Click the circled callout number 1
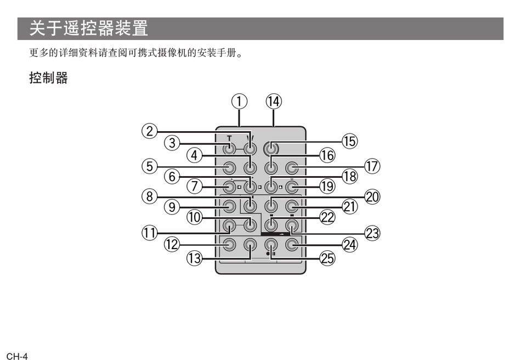click(x=239, y=102)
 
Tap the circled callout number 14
click(x=273, y=102)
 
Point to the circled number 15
click(x=349, y=141)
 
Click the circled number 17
click(x=372, y=166)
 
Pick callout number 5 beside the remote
click(x=149, y=166)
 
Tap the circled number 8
click(x=149, y=196)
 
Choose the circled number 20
click(x=372, y=196)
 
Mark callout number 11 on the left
click(x=149, y=233)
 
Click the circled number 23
click(x=372, y=233)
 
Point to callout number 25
click(x=327, y=258)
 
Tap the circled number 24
click(x=349, y=245)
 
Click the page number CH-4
click(x=17, y=355)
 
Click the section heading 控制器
click(x=48, y=78)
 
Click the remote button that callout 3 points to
click(x=230, y=148)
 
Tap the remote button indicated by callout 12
click(x=230, y=245)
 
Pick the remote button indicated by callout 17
click(x=292, y=167)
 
